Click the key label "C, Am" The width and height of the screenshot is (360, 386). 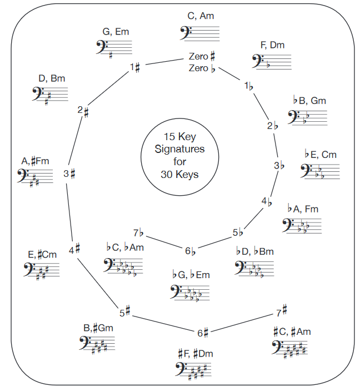[x=201, y=16]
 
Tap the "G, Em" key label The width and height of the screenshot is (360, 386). [x=116, y=32]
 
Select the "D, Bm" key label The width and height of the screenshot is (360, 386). [x=52, y=78]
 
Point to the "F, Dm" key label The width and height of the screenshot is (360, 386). [x=272, y=45]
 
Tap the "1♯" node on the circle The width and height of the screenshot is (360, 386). [x=135, y=67]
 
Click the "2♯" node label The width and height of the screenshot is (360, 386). [x=83, y=110]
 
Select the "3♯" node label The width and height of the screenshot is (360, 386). [x=69, y=174]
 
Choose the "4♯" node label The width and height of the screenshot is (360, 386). [x=75, y=250]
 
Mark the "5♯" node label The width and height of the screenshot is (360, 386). [x=124, y=310]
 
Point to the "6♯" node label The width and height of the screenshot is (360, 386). [x=202, y=333]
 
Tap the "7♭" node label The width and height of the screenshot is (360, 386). [x=139, y=233]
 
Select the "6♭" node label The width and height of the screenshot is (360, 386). [x=191, y=251]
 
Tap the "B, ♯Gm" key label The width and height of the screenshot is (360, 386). [x=99, y=328]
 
